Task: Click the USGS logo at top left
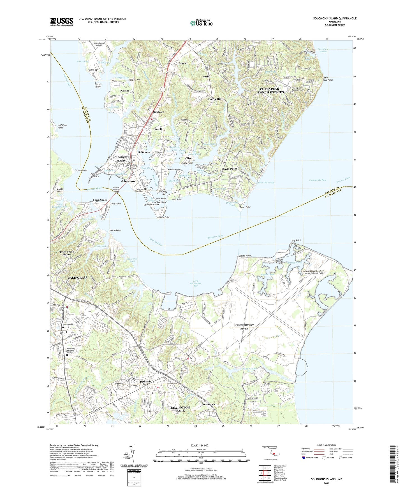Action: (x=62, y=22)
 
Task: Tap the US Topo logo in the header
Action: (x=201, y=23)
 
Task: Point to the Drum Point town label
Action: (x=229, y=169)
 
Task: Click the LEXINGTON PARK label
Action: (x=180, y=409)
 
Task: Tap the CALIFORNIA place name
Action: (x=78, y=278)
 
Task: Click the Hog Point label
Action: (x=296, y=240)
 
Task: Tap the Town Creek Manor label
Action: (x=67, y=253)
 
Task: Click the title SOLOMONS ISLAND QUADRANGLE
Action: (x=335, y=18)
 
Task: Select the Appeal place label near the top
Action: (x=183, y=63)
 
